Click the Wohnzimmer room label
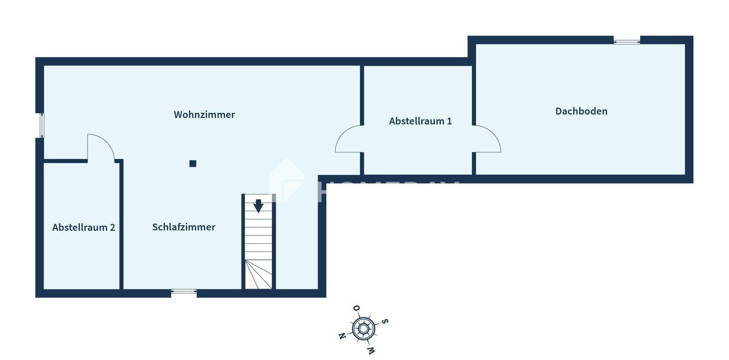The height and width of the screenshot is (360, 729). (204, 114)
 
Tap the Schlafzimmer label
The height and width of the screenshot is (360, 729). (184, 227)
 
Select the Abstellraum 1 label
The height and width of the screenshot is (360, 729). (420, 121)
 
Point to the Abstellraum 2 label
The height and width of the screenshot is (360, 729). (84, 227)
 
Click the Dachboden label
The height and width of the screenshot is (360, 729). (581, 111)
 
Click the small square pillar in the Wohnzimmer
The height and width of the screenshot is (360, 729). (193, 164)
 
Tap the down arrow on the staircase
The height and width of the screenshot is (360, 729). (258, 206)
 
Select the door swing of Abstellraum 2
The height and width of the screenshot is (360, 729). (100, 147)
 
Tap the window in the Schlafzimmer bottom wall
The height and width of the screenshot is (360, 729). (184, 292)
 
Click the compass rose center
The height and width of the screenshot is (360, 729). (363, 329)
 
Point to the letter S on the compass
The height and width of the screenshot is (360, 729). (385, 321)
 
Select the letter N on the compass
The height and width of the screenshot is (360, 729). (342, 336)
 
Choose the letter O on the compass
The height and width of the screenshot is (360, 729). (356, 308)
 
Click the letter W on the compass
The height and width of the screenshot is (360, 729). (371, 350)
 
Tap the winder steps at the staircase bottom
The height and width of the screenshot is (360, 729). (259, 275)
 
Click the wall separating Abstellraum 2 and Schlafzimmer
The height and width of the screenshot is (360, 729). (121, 225)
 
